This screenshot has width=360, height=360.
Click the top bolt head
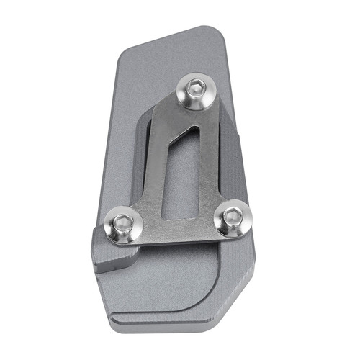(195, 91)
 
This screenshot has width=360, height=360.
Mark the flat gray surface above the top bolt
(173, 58)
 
